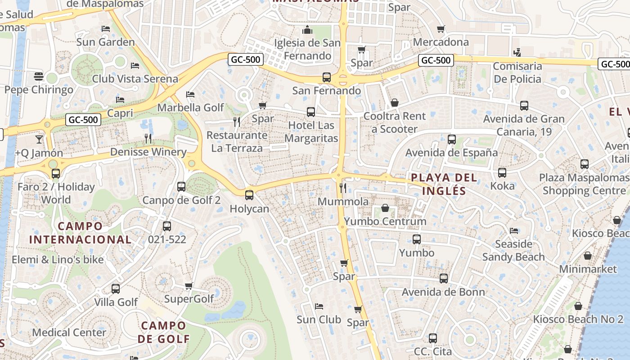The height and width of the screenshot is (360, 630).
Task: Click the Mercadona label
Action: point(441,42)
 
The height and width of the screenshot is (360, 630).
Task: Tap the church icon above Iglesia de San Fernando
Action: point(308,30)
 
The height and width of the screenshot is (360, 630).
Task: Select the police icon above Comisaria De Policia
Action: point(517,52)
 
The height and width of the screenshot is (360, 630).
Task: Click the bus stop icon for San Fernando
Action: point(327,77)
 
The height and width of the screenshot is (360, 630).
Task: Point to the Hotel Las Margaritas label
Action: point(311,131)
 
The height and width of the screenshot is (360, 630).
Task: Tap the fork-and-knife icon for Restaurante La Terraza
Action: point(237,121)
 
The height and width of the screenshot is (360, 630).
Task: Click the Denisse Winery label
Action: point(148,152)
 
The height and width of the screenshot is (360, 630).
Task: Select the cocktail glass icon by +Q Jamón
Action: point(39,139)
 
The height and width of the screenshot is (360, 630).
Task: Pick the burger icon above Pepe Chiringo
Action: point(38,76)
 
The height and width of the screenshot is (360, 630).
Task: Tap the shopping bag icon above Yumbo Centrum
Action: point(385,208)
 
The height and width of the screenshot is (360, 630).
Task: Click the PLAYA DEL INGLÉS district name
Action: point(444,184)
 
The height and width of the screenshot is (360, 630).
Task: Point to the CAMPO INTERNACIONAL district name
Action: point(80,233)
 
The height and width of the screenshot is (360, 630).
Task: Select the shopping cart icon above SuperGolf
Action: point(189,286)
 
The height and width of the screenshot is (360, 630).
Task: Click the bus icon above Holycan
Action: point(249,195)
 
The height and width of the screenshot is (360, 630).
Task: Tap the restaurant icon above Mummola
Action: point(343,188)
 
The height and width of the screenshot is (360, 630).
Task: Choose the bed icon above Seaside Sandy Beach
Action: point(514,231)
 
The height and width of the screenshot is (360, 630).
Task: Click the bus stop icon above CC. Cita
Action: point(433,338)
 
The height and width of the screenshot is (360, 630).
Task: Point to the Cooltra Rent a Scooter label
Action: point(394,122)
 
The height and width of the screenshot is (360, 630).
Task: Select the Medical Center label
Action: point(69,333)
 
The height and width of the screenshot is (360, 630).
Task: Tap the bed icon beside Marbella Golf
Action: point(190,94)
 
